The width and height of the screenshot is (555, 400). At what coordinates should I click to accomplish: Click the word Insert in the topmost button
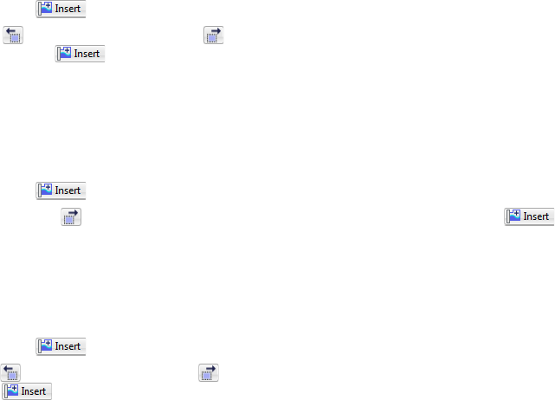pos(68,10)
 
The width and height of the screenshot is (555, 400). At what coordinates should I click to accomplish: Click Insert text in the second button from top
pos(87,54)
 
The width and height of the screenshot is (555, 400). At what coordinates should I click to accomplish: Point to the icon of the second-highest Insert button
pos(64,54)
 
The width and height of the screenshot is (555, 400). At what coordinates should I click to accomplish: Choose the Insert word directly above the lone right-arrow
pos(68,190)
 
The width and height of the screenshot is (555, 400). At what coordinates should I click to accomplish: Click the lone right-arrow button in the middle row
pos(71,216)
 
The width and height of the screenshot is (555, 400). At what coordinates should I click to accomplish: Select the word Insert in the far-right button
pos(536,216)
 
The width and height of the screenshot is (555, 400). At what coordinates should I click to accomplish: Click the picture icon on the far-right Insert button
pos(513,216)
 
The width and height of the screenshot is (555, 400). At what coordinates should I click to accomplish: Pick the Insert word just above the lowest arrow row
pos(68,346)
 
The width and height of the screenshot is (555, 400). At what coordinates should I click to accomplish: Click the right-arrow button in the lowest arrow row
pos(208,372)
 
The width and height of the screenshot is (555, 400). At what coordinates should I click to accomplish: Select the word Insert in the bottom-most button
pos(34,391)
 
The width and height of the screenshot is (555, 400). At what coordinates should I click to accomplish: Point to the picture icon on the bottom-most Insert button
pos(11,391)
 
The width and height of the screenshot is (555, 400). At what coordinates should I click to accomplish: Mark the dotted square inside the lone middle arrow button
pos(69,219)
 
